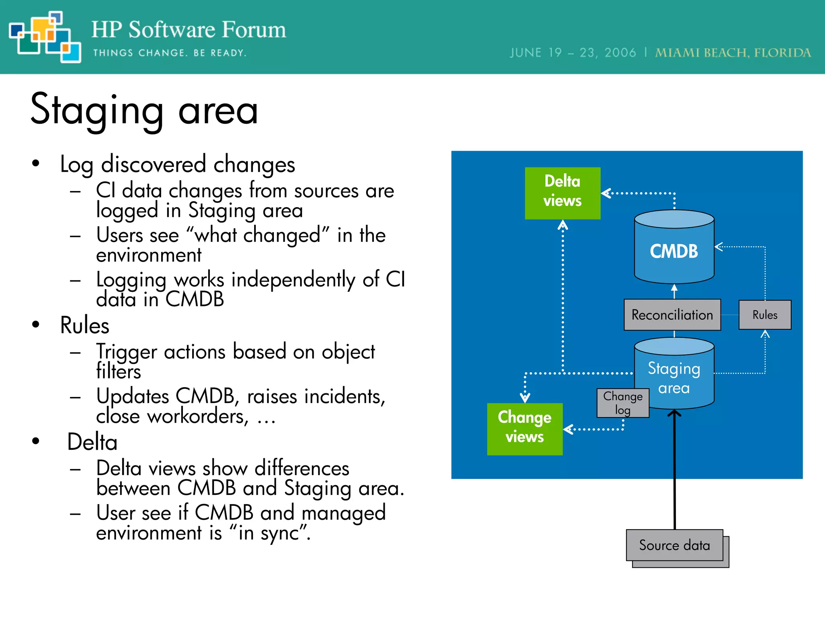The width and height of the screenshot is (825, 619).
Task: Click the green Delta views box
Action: tap(562, 193)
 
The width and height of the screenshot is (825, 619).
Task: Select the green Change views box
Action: tap(524, 429)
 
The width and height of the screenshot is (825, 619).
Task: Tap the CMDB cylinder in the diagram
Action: tap(674, 251)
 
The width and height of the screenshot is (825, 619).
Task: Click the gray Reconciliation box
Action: tap(672, 315)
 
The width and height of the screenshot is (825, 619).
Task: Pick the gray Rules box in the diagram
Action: tap(765, 315)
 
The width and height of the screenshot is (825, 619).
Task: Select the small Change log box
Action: tap(622, 403)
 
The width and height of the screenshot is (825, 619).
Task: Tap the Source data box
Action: tap(674, 545)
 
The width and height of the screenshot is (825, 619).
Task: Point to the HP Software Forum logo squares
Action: tap(45, 37)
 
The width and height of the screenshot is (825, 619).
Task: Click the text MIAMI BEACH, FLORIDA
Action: tap(732, 53)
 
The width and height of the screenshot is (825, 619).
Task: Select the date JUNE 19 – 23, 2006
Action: tap(572, 53)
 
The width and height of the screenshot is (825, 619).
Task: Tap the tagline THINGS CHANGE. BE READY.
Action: tap(170, 53)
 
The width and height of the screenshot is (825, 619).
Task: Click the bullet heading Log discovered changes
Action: tap(177, 164)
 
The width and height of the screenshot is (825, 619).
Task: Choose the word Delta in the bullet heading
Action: tap(92, 442)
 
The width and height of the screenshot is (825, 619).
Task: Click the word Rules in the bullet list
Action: tap(85, 325)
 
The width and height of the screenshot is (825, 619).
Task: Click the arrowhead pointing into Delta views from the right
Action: tap(606, 193)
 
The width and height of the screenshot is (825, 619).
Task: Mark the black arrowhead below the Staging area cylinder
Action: tap(674, 413)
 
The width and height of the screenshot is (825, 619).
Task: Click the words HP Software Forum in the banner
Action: tap(189, 30)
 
